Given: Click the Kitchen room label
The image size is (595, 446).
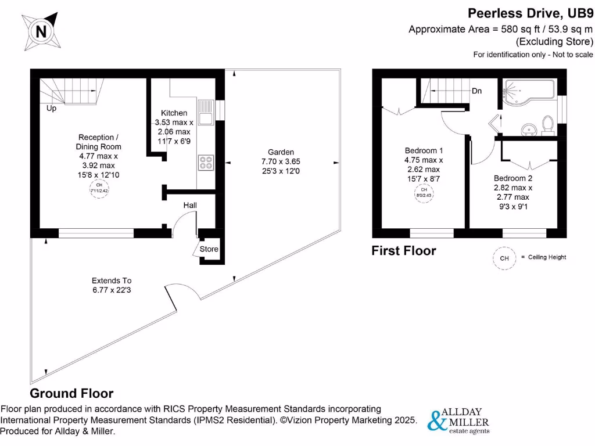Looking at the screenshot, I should coord(174,113).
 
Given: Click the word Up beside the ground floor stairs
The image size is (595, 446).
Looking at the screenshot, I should coord(51,108).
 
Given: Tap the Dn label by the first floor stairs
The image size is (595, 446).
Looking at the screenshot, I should coord(476,91).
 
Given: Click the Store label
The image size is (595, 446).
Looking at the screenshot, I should coord(209,249).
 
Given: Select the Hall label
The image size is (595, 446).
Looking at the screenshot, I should coord(191,206).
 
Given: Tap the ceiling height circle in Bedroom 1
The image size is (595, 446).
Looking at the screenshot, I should coord(424,193).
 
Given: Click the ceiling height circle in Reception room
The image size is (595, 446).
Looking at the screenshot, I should coord(99,188).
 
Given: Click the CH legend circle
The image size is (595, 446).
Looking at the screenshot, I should coord(504,258).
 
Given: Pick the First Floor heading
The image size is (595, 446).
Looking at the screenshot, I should coord(404,251).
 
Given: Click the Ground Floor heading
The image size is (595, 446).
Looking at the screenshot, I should coord(71,393).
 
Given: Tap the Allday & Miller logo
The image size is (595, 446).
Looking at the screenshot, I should coord(458,421).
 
